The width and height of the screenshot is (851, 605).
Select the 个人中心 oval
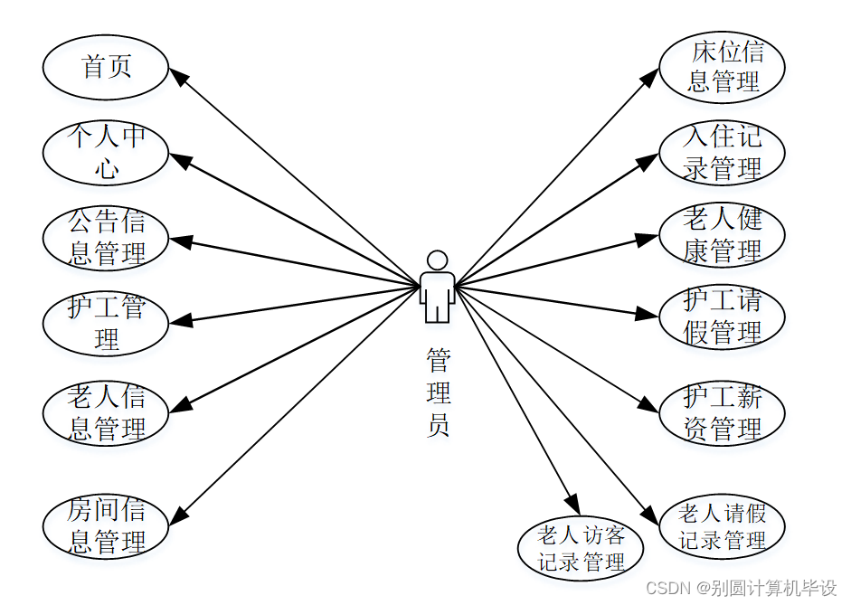[106, 152]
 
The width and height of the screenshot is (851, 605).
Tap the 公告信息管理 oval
[106, 238]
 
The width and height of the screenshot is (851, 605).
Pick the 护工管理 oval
[106, 323]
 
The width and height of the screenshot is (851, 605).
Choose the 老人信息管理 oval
[106, 412]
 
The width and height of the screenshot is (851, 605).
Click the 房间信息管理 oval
[106, 526]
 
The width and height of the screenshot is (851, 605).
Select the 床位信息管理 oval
[722, 67]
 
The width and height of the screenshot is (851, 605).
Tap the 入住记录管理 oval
[722, 152]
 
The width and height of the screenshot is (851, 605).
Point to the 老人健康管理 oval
[722, 235]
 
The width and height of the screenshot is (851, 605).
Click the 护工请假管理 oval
[722, 317]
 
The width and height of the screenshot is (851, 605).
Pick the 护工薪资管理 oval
[722, 412]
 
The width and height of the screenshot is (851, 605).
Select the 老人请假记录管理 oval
[722, 527]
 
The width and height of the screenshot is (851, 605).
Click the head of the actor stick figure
[438, 260]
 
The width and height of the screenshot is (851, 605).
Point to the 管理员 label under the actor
[438, 392]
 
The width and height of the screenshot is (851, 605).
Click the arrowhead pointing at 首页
[179, 78]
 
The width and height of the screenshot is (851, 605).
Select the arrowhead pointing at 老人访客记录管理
[573, 505]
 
